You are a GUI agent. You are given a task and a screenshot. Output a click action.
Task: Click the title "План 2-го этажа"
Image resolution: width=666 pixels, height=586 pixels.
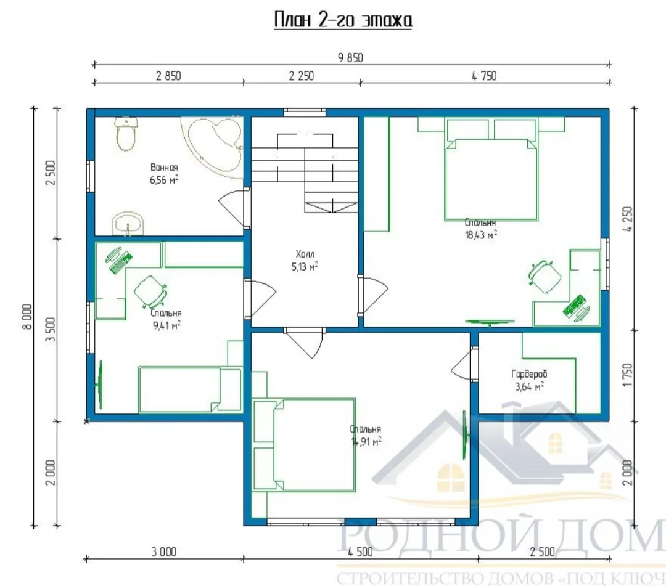[343, 20]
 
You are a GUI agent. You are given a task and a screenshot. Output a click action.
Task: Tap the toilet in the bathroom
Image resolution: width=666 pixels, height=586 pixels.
[126, 134]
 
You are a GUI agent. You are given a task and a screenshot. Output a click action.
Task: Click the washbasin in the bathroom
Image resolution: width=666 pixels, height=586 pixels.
[128, 223]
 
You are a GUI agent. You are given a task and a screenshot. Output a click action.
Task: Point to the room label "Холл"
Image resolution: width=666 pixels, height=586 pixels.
[305, 254]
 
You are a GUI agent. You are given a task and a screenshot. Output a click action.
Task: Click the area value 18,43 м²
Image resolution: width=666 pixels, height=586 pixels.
[481, 235]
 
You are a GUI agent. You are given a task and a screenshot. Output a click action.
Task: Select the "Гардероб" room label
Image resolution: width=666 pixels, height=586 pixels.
[529, 374]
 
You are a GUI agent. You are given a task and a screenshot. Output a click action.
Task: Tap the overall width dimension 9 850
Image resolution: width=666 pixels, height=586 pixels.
[350, 58]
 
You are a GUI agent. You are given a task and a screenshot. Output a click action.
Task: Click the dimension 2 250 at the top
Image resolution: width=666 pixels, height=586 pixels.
[301, 76]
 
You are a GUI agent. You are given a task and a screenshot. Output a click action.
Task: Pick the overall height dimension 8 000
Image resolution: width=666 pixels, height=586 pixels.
[27, 317]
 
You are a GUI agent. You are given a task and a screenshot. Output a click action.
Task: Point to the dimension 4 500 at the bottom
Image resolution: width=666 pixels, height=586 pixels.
[360, 551]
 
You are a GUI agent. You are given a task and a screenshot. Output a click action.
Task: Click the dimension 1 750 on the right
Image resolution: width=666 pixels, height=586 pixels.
[627, 375]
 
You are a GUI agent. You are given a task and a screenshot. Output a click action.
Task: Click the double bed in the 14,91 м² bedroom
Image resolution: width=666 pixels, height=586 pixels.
[303, 445]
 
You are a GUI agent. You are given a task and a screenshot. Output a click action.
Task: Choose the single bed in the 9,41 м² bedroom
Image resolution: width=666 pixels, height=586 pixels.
[189, 389]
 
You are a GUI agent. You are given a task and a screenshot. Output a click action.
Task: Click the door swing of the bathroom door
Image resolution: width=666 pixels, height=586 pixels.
[232, 208]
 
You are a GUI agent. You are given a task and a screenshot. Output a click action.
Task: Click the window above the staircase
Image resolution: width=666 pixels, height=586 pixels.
[305, 113]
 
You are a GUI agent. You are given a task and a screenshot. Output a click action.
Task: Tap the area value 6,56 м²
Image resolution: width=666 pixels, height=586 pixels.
[164, 180]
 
